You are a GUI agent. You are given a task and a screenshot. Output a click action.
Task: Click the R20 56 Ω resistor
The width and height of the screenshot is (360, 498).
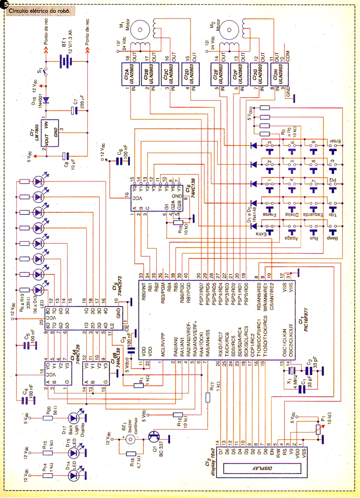click(47, 417)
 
